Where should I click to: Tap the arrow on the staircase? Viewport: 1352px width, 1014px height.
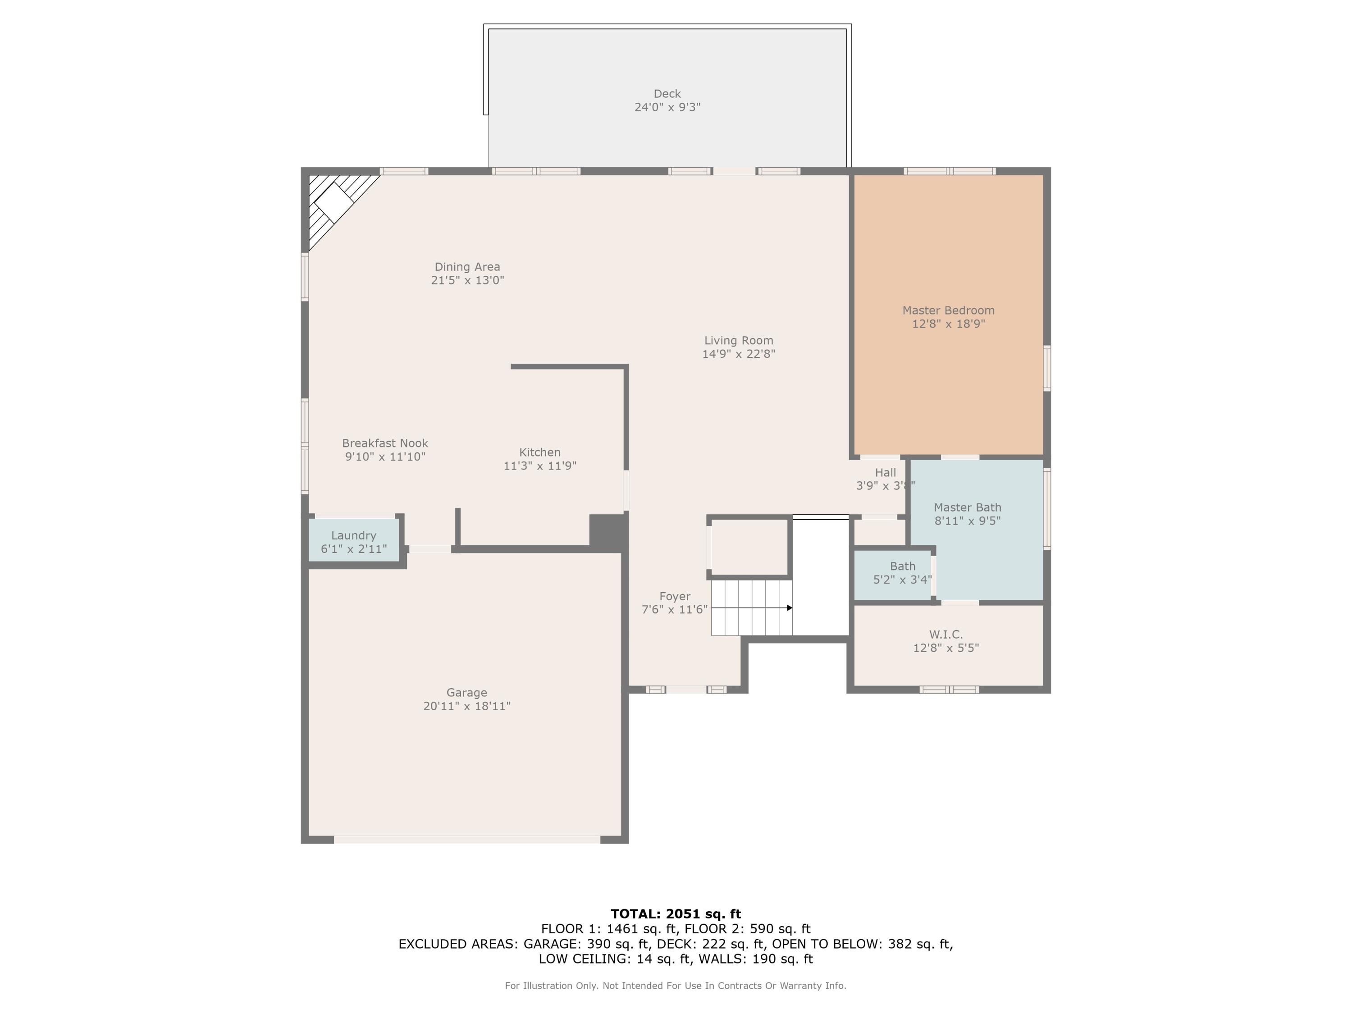(x=789, y=607)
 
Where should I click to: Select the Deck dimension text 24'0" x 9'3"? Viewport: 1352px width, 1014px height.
(x=667, y=107)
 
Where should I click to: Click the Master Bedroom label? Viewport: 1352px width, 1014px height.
(x=948, y=311)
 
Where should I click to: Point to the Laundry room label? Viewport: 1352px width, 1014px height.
(x=353, y=535)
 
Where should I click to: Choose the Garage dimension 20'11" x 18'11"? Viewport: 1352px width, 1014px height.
(x=466, y=706)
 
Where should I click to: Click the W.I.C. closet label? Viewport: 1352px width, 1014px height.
(x=945, y=635)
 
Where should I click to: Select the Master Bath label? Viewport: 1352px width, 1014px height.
(x=967, y=507)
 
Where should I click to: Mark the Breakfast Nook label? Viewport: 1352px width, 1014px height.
(x=384, y=443)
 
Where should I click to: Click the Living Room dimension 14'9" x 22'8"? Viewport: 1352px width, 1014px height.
(x=738, y=354)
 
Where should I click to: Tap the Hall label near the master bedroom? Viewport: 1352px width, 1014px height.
(x=885, y=472)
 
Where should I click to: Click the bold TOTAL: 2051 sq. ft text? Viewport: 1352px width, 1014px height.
(x=676, y=914)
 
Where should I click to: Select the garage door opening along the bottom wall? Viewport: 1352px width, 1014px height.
(x=466, y=840)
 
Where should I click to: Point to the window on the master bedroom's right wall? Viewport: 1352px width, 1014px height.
(x=1046, y=368)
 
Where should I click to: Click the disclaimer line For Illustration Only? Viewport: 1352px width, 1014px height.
(x=676, y=985)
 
